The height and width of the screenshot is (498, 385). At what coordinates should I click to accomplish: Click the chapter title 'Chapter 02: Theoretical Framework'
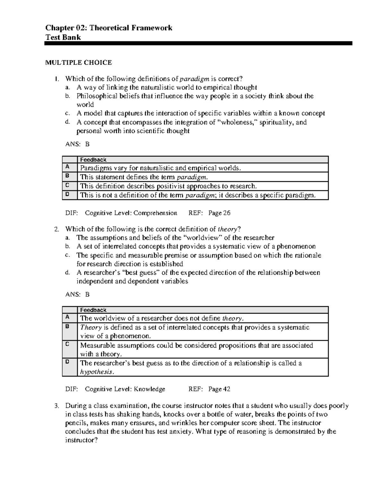tap(109, 28)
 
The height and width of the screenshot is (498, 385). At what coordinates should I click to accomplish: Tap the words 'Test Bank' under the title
tap(63, 37)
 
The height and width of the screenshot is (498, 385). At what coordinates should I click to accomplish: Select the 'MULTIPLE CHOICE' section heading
tap(78, 63)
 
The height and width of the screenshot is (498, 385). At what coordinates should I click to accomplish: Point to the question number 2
tap(56, 229)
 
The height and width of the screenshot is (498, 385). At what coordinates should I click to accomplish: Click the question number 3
tap(56, 406)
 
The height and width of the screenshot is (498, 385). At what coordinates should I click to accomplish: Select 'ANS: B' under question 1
tap(77, 144)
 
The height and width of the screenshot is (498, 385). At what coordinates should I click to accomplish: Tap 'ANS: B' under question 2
tap(77, 294)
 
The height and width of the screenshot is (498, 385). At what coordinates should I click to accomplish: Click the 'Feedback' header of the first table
tap(93, 160)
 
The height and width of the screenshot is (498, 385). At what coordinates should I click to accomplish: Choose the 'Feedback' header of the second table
tap(93, 310)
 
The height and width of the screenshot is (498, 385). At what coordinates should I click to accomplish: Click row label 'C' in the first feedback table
tap(67, 185)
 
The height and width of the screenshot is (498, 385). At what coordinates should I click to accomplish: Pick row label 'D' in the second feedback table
tap(67, 362)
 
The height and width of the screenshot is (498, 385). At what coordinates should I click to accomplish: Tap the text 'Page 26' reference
tap(219, 213)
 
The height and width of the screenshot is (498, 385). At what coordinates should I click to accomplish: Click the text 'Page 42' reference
tap(219, 389)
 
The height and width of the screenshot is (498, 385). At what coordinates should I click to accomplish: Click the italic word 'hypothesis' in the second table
tap(96, 372)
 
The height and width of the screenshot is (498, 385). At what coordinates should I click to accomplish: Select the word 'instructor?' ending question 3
tap(81, 440)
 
